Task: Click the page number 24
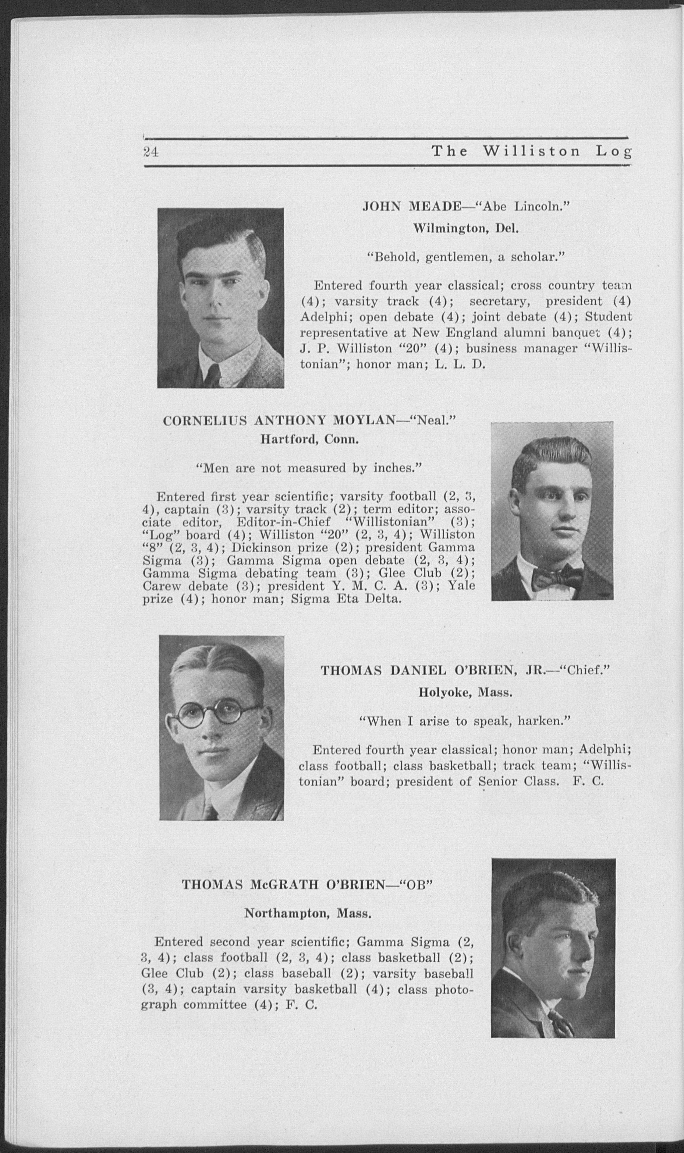[x=151, y=152]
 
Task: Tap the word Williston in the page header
[x=531, y=151]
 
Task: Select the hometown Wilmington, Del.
[x=466, y=228]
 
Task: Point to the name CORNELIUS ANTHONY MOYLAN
[x=279, y=420]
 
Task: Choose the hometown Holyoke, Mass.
[x=465, y=692]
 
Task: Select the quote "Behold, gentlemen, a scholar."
[x=465, y=257]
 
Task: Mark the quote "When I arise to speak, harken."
[x=465, y=721]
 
